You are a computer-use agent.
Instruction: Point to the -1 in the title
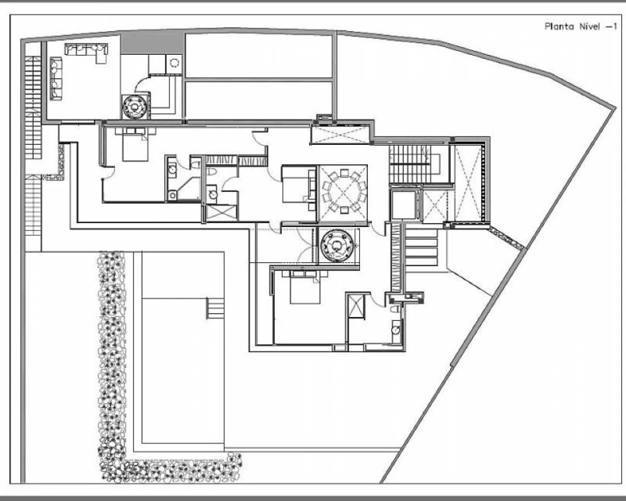(x=610, y=27)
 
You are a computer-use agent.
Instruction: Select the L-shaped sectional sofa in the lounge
(x=87, y=52)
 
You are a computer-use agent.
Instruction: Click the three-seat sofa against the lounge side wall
(x=56, y=79)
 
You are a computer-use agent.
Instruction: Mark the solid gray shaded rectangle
(x=153, y=44)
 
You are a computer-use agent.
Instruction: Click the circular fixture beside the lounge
(x=134, y=107)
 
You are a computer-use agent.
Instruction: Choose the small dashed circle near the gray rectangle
(x=174, y=63)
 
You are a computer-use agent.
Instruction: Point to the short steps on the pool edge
(x=215, y=308)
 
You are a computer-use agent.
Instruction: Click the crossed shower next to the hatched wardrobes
(x=222, y=212)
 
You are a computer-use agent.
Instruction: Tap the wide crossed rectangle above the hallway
(x=340, y=134)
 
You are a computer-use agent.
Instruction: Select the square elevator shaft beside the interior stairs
(x=404, y=205)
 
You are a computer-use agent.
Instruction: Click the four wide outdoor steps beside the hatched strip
(x=422, y=248)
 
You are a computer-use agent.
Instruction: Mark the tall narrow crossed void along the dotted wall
(x=468, y=183)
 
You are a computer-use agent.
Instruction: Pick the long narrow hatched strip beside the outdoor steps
(x=396, y=258)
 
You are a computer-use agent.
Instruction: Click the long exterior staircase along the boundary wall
(x=33, y=146)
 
